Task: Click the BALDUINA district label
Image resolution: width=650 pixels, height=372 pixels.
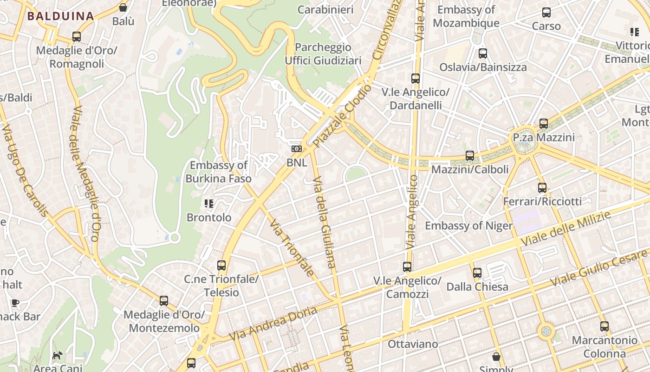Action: tap(60, 16)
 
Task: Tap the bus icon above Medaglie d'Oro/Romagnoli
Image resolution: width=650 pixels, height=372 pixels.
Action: tap(77, 37)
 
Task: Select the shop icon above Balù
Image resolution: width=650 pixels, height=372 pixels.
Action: tap(123, 7)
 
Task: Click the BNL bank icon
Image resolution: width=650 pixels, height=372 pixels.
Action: tap(296, 149)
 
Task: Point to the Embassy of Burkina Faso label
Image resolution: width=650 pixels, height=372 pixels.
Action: tap(218, 172)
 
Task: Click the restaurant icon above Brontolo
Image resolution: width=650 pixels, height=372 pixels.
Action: tap(208, 203)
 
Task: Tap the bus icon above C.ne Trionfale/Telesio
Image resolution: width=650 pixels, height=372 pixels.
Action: tap(221, 266)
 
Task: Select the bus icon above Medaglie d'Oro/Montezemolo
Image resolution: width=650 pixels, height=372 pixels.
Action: tap(164, 301)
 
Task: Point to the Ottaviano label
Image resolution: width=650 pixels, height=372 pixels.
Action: tap(413, 344)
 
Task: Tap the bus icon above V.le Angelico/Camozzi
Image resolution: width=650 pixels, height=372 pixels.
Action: tap(407, 267)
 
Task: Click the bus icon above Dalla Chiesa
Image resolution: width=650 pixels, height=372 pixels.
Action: tap(477, 273)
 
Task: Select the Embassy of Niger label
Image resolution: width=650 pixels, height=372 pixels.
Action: tap(469, 226)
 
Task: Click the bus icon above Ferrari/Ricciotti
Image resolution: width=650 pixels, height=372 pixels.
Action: tap(542, 188)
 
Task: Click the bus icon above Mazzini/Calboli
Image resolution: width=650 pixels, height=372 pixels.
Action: tap(470, 156)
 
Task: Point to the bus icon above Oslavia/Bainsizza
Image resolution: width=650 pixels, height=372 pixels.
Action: tap(483, 53)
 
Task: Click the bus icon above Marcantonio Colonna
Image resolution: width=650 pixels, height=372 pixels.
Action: tap(604, 326)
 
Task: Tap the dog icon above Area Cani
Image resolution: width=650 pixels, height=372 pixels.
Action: tap(58, 356)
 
